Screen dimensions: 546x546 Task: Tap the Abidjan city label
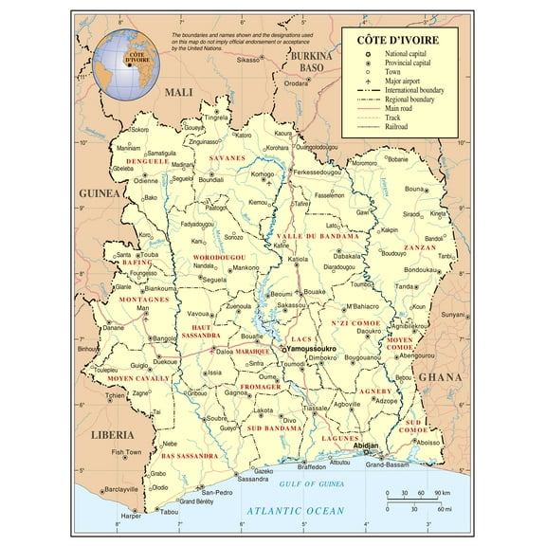click(366, 446)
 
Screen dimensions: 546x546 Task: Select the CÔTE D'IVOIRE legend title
click(394, 41)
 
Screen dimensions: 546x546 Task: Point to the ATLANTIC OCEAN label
click(296, 511)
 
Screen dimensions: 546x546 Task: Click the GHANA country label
click(440, 376)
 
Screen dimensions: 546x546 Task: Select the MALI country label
click(177, 92)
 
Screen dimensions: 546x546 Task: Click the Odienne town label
click(145, 181)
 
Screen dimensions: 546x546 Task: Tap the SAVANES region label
click(227, 157)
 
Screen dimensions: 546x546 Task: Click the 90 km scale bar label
click(442, 494)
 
